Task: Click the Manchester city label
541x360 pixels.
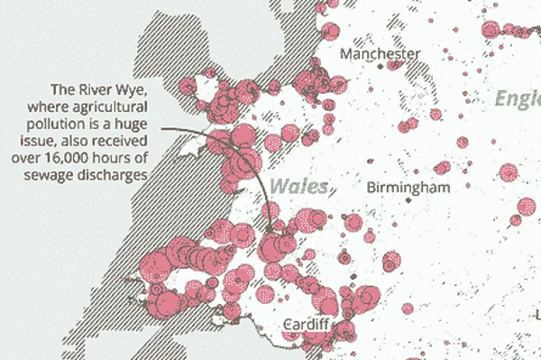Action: (x=380, y=54)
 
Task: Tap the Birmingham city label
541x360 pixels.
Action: (x=408, y=188)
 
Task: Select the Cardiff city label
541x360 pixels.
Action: (x=309, y=324)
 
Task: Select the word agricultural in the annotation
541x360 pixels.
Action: (x=118, y=107)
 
